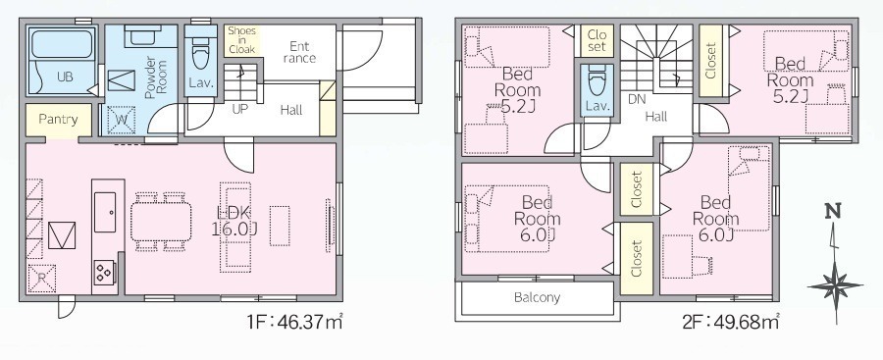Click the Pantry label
coord(58,120)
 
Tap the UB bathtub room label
coord(65,77)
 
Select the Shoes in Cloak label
coord(241,40)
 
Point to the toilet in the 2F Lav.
coord(597,81)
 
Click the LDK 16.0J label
coord(234,221)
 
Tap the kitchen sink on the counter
coord(105,212)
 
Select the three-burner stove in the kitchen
coord(104,273)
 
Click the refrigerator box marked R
coord(41,279)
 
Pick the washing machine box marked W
coord(121,121)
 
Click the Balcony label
coord(537,297)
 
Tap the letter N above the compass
coord(833,212)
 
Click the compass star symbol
coord(835,285)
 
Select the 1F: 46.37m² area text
coord(294,323)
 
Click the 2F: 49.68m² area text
coord(730,323)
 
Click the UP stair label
coord(240,109)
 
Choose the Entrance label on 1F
coord(299,52)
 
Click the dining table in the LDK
coord(161,222)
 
